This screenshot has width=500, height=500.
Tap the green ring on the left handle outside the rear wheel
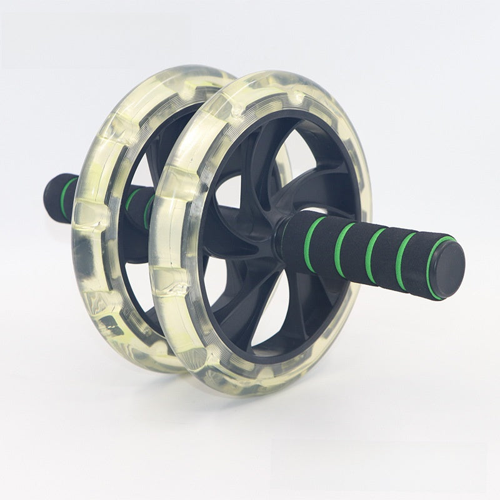tap(67, 197)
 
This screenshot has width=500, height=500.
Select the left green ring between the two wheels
tap(132, 199)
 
